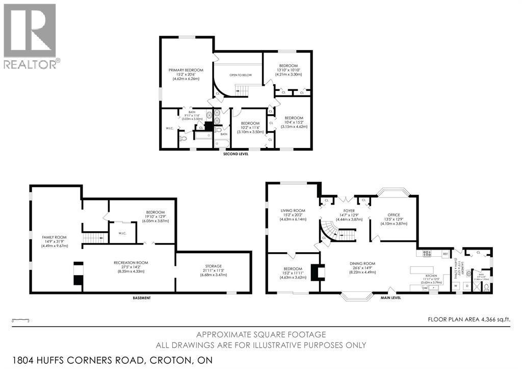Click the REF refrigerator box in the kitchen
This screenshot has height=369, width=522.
pyautogui.click(x=445, y=253)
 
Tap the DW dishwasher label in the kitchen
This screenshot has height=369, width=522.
pyautogui.click(x=425, y=288)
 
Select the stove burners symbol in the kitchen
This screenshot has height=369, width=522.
pyautogui.click(x=427, y=253)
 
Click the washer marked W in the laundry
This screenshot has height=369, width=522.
pyautogui.click(x=455, y=286)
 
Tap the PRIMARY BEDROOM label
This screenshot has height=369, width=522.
pyautogui.click(x=186, y=70)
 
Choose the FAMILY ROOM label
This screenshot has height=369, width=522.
pyautogui.click(x=54, y=237)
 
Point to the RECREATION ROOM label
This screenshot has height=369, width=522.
pyautogui.click(x=130, y=262)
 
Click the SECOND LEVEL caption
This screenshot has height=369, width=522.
pyautogui.click(x=236, y=154)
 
